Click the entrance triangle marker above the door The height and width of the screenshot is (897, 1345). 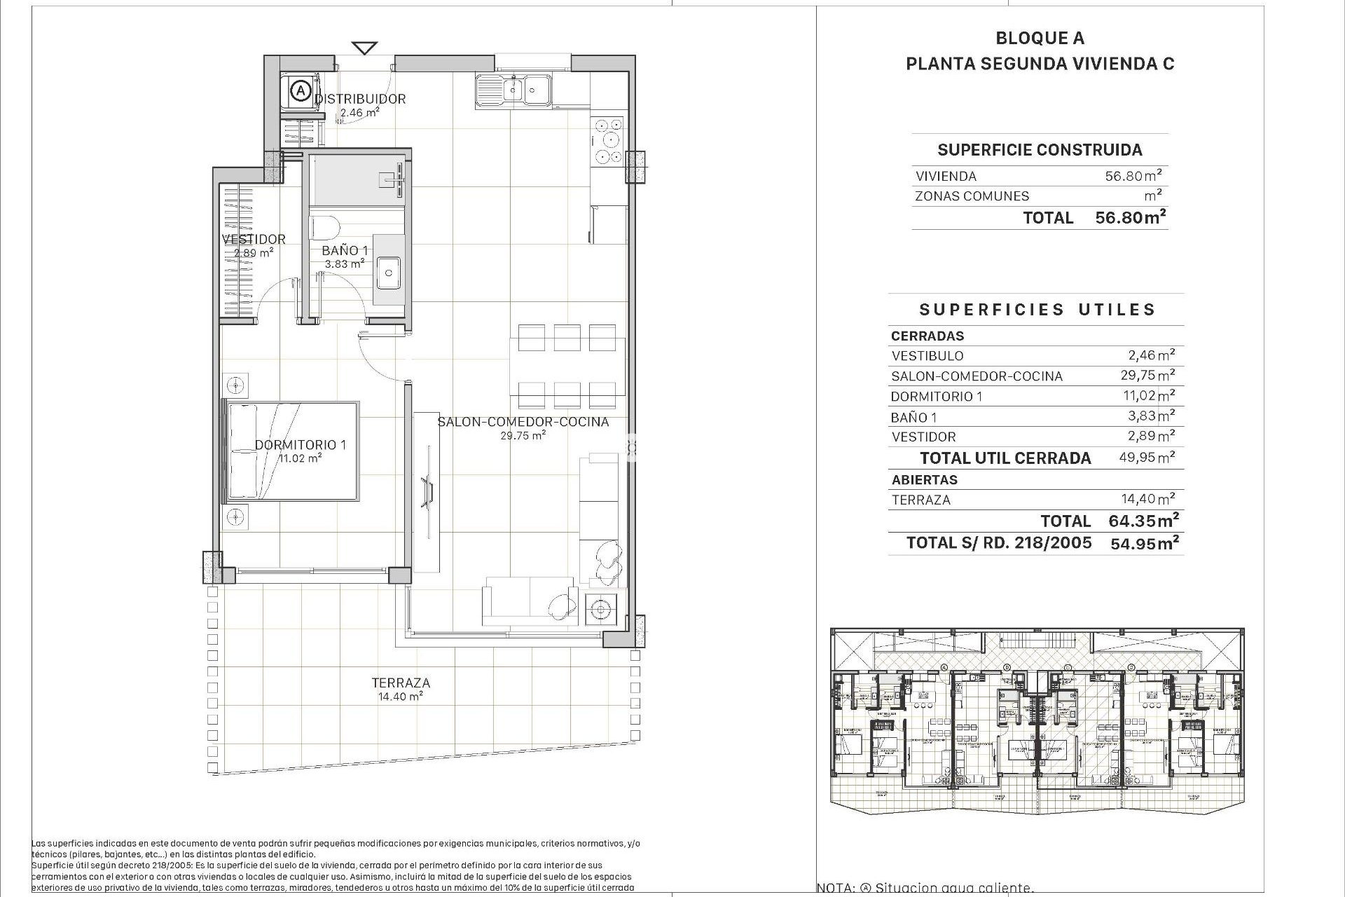(x=364, y=48)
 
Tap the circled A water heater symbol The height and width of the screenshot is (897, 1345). (x=301, y=90)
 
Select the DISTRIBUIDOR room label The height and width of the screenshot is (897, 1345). (x=360, y=99)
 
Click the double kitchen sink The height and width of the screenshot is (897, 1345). (x=513, y=90)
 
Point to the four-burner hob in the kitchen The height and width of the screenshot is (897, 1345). (x=607, y=141)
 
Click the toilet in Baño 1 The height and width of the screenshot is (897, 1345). (x=324, y=227)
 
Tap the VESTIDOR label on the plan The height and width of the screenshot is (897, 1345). (x=254, y=239)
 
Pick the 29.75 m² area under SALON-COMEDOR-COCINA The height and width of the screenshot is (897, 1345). (x=523, y=435)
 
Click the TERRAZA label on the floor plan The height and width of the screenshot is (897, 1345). (x=401, y=683)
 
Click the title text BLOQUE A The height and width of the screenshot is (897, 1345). (x=1040, y=39)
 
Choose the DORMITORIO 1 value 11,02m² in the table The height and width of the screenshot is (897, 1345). (x=1149, y=396)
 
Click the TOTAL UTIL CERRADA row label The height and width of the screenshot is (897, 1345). (x=1005, y=458)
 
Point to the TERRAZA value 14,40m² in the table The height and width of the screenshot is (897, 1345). (x=1149, y=500)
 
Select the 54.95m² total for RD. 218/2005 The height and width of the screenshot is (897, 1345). (x=1145, y=543)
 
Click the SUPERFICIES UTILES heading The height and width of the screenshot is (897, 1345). (x=1037, y=310)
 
